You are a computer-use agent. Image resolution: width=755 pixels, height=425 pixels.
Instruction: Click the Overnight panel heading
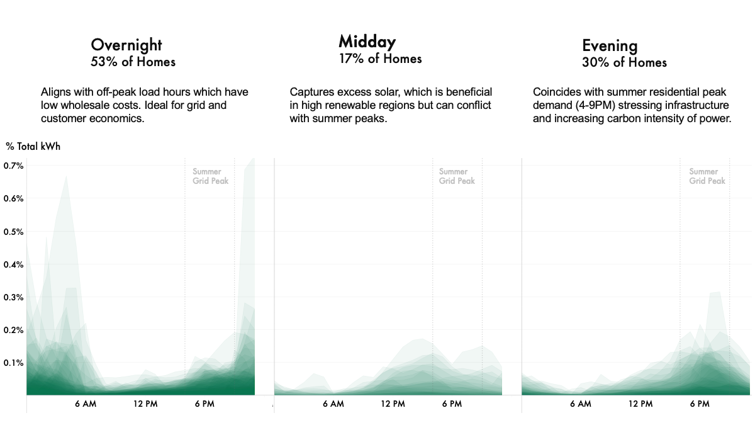tap(126, 45)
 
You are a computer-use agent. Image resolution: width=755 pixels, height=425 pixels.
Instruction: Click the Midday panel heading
tap(367, 42)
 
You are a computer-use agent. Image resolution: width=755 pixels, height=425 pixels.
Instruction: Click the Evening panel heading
tap(610, 45)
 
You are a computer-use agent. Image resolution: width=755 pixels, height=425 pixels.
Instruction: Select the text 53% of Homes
tap(133, 62)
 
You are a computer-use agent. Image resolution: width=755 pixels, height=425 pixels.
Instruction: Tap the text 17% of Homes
tap(380, 59)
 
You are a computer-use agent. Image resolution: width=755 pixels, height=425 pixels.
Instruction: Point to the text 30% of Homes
tap(624, 62)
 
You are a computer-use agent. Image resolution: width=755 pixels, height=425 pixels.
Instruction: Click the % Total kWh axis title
tap(33, 146)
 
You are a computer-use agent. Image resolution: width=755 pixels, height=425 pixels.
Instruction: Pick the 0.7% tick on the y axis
tap(14, 166)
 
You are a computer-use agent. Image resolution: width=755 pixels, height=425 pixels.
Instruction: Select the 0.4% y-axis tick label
tap(14, 264)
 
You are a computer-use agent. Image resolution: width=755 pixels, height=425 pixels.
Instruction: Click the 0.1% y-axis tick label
tap(14, 363)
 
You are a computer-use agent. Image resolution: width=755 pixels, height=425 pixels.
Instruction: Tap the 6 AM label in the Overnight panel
tap(85, 404)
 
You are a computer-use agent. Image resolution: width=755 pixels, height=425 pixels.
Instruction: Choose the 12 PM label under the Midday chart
tap(393, 404)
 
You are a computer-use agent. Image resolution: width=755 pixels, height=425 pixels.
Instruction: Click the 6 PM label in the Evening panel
tap(699, 404)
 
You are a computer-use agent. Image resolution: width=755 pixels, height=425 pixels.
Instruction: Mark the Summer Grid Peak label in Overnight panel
tap(210, 176)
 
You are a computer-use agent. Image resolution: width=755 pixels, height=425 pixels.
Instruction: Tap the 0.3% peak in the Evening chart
tap(715, 294)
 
